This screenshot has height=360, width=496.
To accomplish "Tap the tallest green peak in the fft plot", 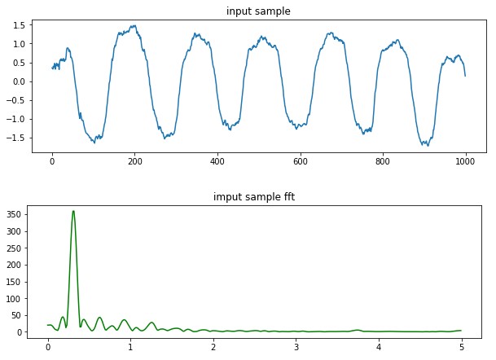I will pos(73,212).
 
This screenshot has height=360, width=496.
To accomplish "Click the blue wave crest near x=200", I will pos(132,27).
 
